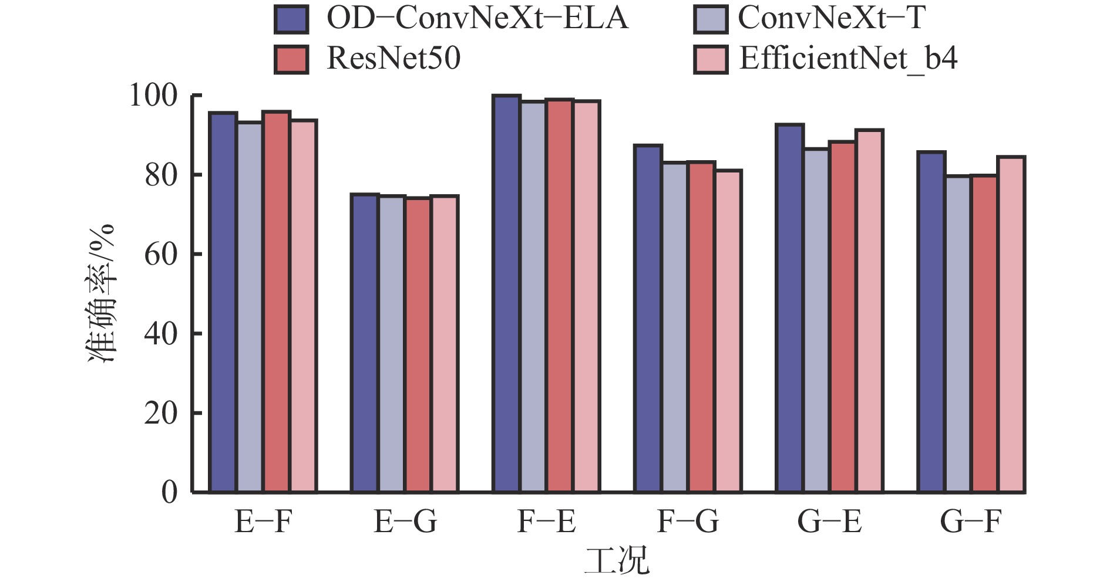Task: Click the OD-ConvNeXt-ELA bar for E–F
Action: click(x=223, y=302)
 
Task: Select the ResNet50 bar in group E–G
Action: click(x=418, y=345)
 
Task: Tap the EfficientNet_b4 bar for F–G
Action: click(x=728, y=331)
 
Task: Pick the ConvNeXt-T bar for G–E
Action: click(x=816, y=320)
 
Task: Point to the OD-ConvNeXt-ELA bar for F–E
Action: click(x=506, y=293)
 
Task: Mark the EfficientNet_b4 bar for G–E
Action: click(x=869, y=311)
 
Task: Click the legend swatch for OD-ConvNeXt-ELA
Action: click(x=291, y=19)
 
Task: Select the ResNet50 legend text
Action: click(x=393, y=59)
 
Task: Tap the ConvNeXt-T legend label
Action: click(x=832, y=18)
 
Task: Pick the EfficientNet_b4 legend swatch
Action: click(x=709, y=59)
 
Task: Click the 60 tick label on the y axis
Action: click(x=161, y=255)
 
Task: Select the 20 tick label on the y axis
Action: click(x=161, y=414)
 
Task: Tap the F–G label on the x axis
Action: click(x=687, y=521)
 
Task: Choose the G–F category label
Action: click(x=970, y=521)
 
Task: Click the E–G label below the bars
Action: click(x=405, y=521)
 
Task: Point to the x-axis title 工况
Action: click(x=617, y=560)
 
